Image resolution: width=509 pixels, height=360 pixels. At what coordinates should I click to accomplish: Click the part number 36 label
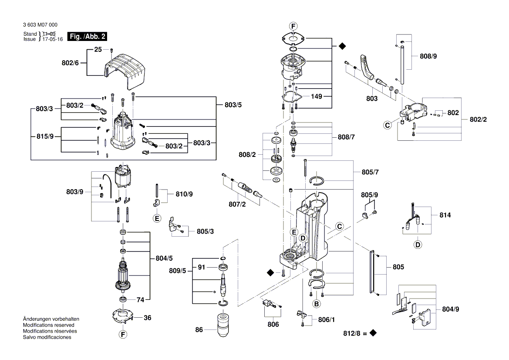[148, 318]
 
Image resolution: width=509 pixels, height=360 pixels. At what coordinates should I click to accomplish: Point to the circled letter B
[317, 303]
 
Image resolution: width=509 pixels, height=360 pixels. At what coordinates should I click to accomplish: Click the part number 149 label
[317, 96]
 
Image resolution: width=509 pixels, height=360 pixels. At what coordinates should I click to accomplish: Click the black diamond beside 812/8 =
[373, 333]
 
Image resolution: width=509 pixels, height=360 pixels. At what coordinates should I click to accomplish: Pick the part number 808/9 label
[429, 56]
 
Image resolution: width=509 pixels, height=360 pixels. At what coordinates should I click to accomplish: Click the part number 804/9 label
[450, 309]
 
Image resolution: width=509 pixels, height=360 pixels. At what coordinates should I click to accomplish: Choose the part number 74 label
[141, 299]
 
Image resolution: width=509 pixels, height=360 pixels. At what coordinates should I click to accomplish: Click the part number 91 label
[201, 267]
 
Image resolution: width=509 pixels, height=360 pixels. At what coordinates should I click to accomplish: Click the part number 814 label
[445, 215]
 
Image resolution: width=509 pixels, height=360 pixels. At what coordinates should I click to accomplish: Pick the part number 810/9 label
[184, 194]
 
